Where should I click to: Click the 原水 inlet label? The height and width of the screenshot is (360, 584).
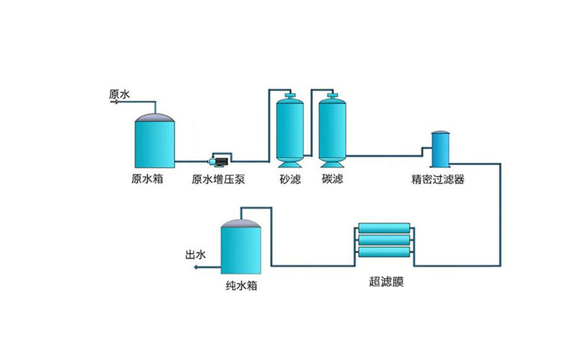pos(119,94)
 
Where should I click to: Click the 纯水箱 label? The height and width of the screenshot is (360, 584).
pos(241,286)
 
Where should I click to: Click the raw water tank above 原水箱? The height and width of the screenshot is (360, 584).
pos(154,144)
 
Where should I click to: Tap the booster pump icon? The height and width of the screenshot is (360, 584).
pos(218,161)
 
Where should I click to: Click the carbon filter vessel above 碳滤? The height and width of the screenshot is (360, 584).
pos(332,130)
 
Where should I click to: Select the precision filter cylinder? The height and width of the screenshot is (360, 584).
pos(441,150)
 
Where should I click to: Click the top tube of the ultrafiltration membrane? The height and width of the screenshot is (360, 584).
pos(385,228)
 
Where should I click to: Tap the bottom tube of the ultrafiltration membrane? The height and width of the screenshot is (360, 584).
pos(385,252)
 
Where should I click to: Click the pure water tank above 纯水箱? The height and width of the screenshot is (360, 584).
pos(241,249)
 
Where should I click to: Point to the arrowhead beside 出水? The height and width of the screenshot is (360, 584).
pos(195,267)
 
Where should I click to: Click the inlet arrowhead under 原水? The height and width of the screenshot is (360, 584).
pos(115,102)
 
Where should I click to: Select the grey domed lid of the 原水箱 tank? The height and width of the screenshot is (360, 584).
pos(154,118)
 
